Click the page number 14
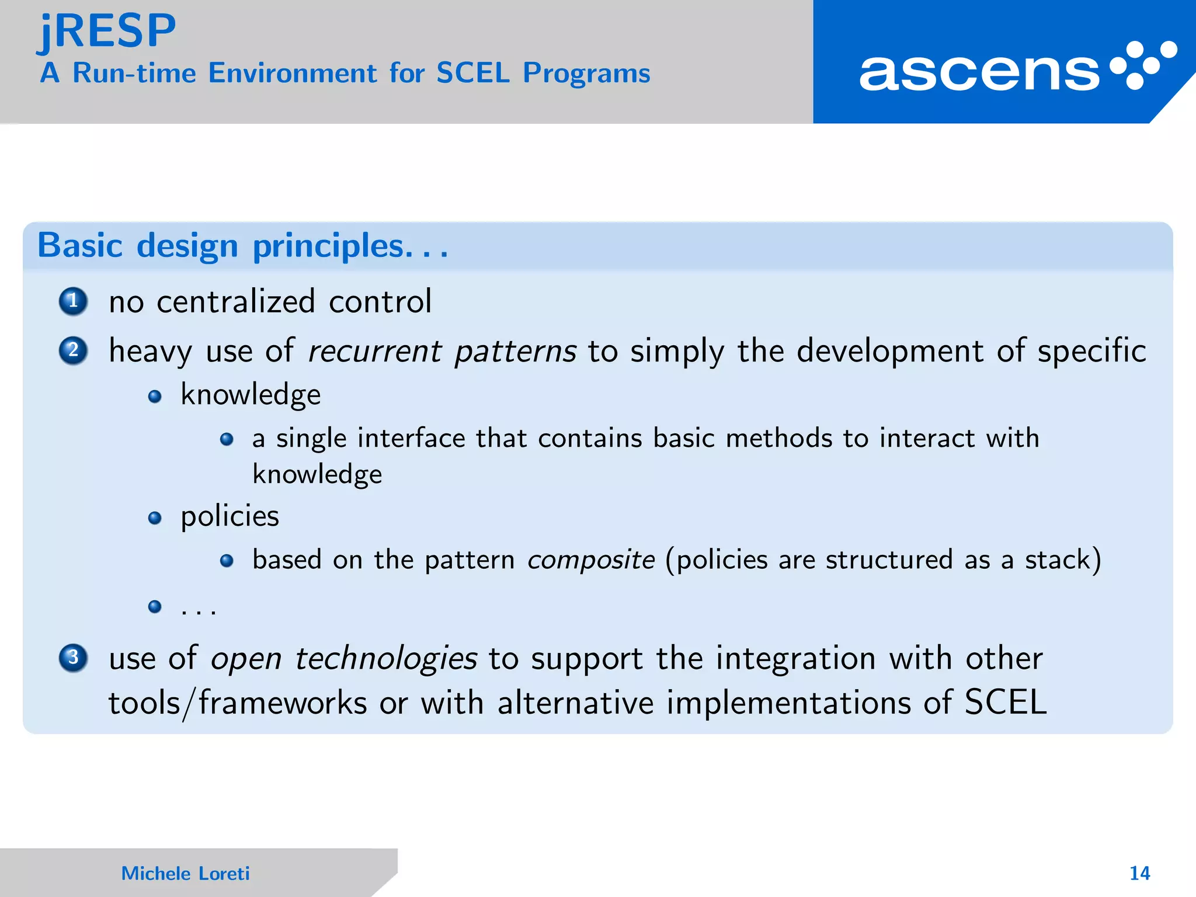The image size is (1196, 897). click(x=1139, y=873)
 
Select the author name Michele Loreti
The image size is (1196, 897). click(x=185, y=873)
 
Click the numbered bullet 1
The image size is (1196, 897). click(x=73, y=301)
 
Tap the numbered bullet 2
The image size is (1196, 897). click(x=73, y=350)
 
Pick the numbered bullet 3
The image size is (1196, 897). click(x=73, y=658)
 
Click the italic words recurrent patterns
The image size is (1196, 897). click(x=442, y=352)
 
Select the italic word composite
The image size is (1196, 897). click(x=590, y=560)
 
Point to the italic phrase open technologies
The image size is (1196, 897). click(x=344, y=659)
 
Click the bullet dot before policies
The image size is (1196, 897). click(x=155, y=518)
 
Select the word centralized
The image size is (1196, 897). click(x=236, y=302)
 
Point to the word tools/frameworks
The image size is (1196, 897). click(x=238, y=703)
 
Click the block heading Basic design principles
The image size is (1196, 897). click(x=242, y=246)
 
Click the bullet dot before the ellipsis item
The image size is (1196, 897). click(x=155, y=607)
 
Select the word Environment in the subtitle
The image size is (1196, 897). click(x=293, y=74)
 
